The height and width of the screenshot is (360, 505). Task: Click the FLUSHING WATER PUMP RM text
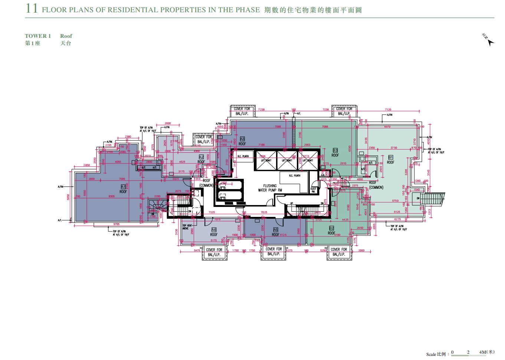pos(270,188)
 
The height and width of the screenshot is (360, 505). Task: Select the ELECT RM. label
pos(314,190)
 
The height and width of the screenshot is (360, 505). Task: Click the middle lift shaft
pos(287,161)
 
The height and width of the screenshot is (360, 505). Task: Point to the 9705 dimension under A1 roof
pos(117,224)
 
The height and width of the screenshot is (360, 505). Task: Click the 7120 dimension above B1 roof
pos(388,110)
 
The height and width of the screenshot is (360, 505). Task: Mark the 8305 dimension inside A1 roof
pos(112,196)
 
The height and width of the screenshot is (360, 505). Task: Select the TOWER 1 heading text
pos(38,36)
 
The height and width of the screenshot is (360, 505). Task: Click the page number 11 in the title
pos(32,9)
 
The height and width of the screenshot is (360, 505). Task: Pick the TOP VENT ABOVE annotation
pos(187,227)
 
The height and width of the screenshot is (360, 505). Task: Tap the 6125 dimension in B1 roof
pos(397,212)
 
